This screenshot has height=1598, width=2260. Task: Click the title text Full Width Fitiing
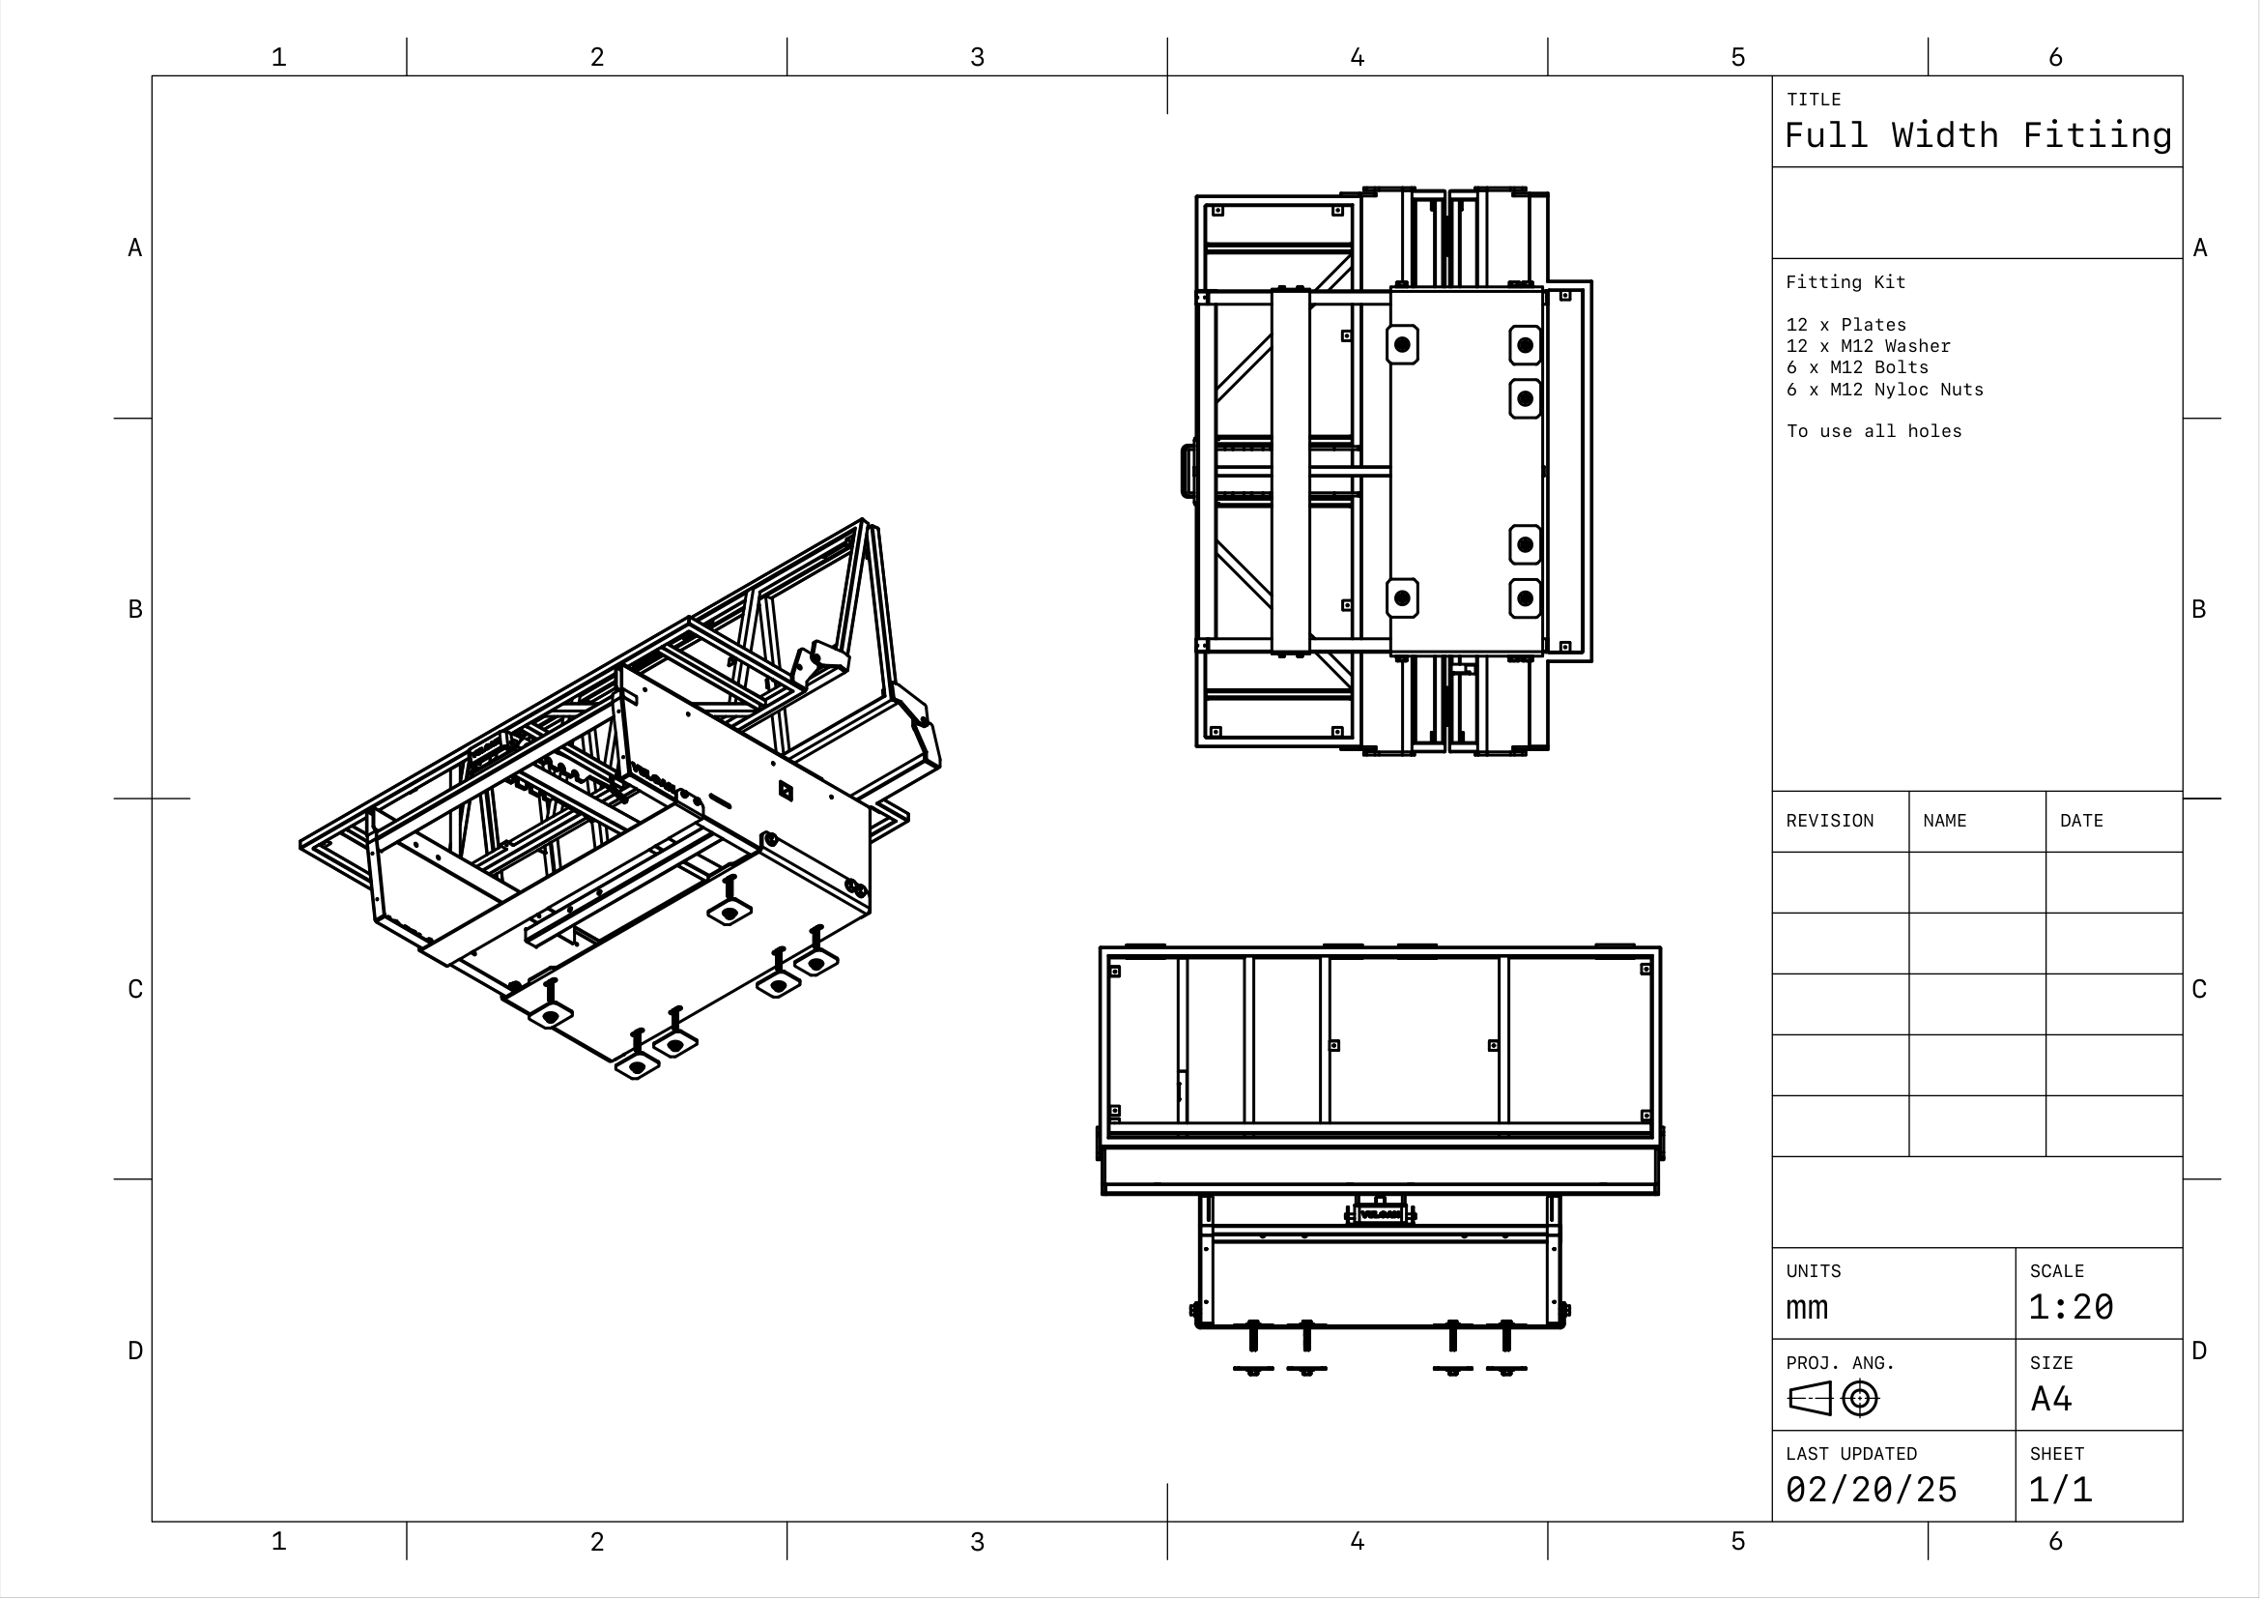tap(1978, 135)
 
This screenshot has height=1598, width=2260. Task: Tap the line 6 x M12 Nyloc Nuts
tap(1884, 390)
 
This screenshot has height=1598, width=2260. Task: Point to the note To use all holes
tap(1874, 431)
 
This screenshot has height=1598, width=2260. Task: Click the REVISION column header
tap(1830, 821)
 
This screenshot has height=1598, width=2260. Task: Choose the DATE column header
tap(2081, 821)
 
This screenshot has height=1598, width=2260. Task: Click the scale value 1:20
tap(2070, 1308)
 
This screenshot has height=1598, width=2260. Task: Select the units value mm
tap(1806, 1309)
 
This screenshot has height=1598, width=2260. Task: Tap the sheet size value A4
tap(2051, 1399)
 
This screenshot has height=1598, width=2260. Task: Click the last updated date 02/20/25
tap(1872, 1490)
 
